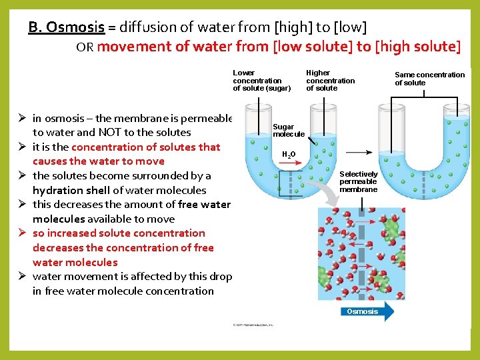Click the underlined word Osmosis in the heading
75,27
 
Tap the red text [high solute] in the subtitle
418,47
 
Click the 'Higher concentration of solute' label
330,80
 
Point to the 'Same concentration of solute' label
429,79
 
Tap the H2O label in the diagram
289,154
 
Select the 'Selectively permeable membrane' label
359,181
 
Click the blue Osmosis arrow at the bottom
365,311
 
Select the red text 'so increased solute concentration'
119,233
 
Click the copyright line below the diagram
253,325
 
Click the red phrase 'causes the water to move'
98,161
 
